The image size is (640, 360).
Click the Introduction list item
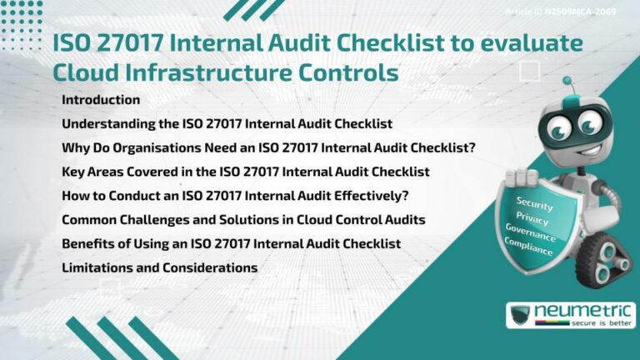[x=101, y=100]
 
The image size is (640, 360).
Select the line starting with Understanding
[x=227, y=124]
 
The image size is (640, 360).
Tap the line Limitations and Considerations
[x=159, y=267]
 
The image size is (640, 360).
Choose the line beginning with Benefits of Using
[x=231, y=243]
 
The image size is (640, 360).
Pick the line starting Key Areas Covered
[x=245, y=172]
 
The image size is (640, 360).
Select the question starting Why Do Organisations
[x=268, y=148]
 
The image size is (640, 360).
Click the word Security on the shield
[x=535, y=202]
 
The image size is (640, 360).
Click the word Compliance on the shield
[x=528, y=246]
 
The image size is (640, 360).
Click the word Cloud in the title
[x=87, y=72]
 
